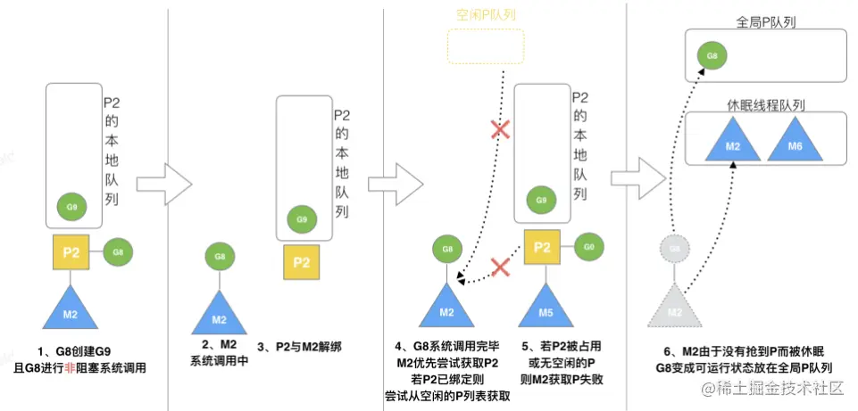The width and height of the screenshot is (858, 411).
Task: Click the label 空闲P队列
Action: click(x=487, y=15)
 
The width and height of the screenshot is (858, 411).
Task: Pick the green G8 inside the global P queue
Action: click(x=712, y=56)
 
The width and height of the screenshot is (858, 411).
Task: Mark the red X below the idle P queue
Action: click(x=502, y=130)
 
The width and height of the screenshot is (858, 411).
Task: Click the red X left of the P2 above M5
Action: click(x=502, y=265)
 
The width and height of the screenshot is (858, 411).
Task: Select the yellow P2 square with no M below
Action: click(x=302, y=262)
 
